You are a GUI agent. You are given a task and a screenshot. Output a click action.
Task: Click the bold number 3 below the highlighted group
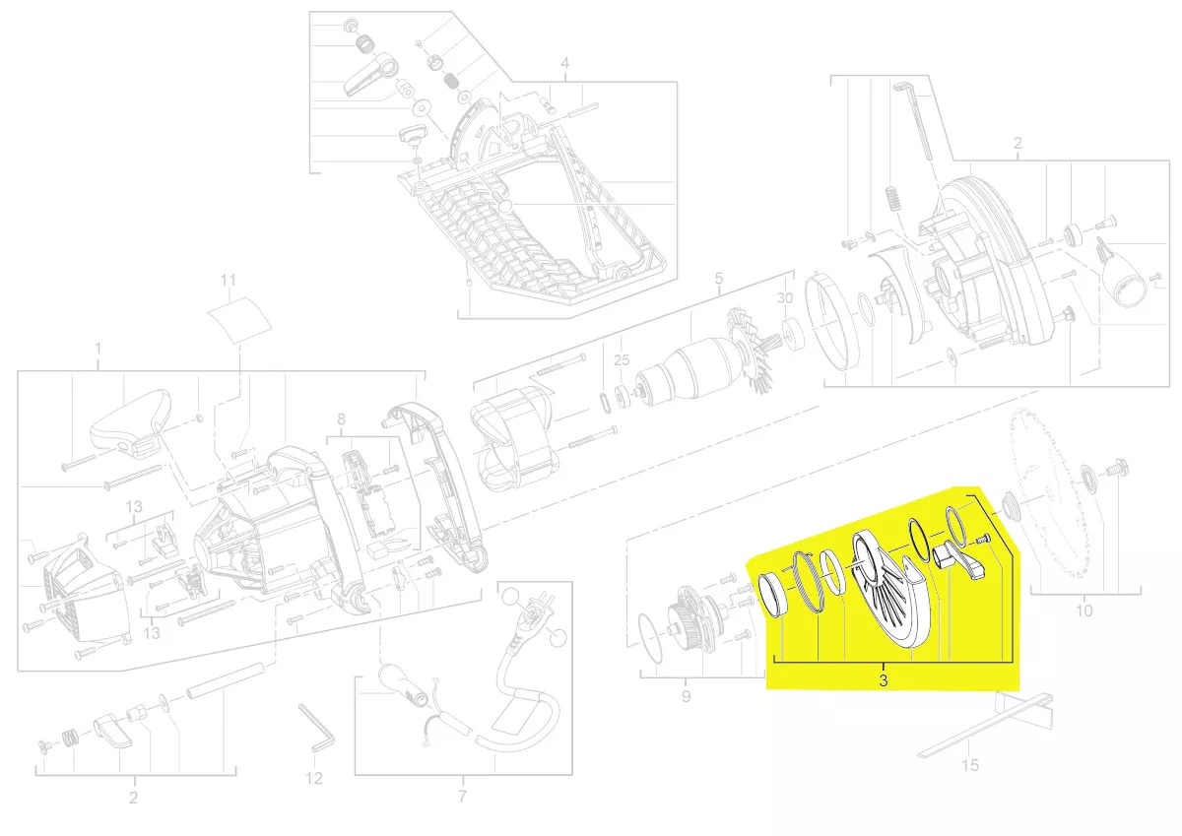click(883, 680)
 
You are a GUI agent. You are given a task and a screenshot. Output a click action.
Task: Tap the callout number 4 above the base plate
click(565, 64)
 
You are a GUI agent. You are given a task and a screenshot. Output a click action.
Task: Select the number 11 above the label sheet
click(228, 280)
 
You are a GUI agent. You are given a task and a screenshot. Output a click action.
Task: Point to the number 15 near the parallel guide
click(970, 765)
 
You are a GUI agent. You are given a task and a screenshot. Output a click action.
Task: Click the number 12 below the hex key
click(313, 778)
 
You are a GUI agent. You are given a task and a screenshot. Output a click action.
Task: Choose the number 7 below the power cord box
click(462, 796)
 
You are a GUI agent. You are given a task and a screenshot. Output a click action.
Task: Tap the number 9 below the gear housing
click(686, 697)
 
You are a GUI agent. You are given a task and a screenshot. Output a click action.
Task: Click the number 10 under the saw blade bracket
click(1083, 611)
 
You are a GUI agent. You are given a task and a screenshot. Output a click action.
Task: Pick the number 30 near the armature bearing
click(785, 298)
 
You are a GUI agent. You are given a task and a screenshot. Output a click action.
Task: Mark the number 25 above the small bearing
click(622, 360)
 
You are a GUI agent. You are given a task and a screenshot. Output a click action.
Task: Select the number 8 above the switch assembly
click(342, 419)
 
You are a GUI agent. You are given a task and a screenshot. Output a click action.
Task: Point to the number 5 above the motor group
click(719, 279)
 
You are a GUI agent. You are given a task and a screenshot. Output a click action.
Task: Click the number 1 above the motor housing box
click(98, 349)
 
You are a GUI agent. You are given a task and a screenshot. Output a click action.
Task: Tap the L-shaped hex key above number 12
click(315, 728)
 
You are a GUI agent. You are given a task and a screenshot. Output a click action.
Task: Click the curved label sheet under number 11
click(238, 319)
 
